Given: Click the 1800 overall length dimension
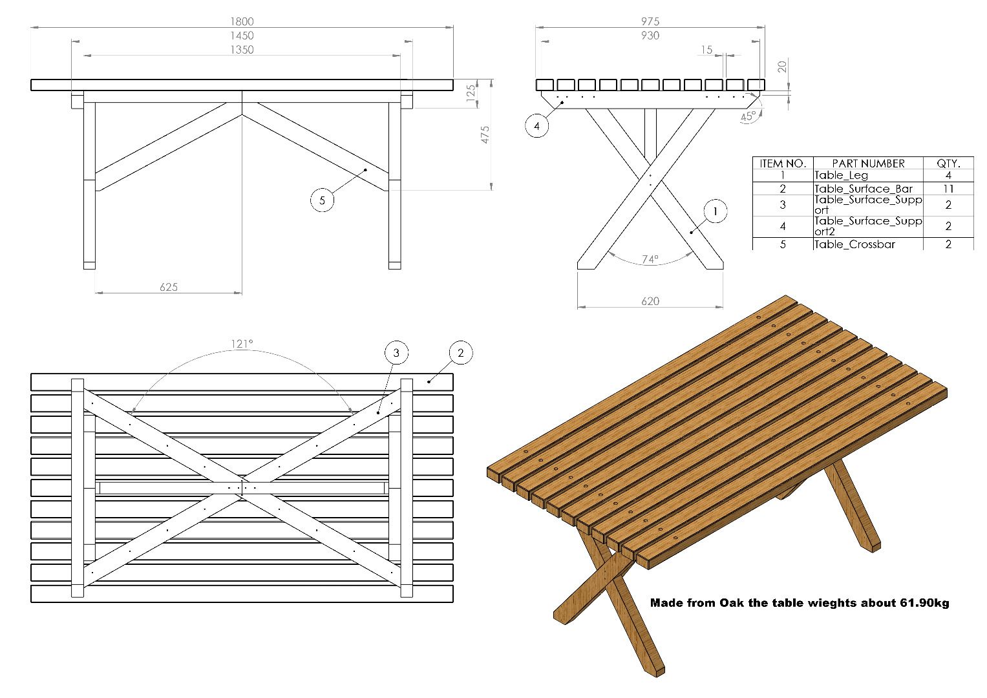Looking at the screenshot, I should (x=242, y=21).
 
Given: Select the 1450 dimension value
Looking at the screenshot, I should (x=242, y=36).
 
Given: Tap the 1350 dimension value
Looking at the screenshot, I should (x=242, y=50).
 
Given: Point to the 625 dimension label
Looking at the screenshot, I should (x=169, y=287).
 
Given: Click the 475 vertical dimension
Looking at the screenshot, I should (x=485, y=134).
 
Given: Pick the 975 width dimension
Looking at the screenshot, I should (x=650, y=21).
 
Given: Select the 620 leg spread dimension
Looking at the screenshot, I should (x=650, y=301).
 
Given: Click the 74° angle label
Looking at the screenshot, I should (x=650, y=259).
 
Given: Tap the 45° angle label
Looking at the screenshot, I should (x=748, y=117).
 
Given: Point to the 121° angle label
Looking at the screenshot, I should (x=242, y=344).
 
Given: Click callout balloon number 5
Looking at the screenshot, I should (x=323, y=200).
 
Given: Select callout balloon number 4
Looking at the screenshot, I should (x=536, y=126).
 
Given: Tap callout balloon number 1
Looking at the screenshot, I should (x=715, y=211).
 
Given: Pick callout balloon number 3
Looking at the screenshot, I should (x=396, y=353).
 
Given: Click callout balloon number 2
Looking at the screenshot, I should (x=460, y=353).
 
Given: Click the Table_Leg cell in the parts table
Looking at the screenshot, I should (x=841, y=176).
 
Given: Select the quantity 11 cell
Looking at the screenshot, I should (x=948, y=189).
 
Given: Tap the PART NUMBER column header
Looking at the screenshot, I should (x=867, y=164).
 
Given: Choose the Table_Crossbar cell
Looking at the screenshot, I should (x=854, y=244).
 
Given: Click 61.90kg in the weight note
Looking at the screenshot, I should (x=924, y=603).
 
